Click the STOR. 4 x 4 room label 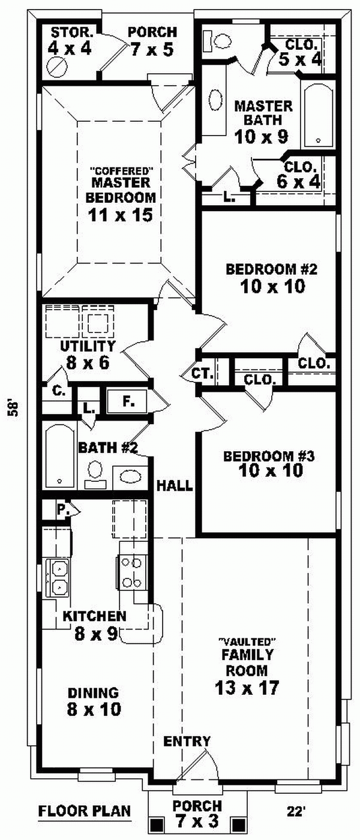pos(70,41)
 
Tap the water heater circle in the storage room pos(58,66)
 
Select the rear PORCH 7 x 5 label pos(152,41)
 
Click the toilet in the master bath pos(220,41)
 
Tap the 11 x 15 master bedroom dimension pos(121,214)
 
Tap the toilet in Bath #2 pos(95,472)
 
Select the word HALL pos(175,485)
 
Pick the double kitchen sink pos(59,577)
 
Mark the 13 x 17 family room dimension pos(247,688)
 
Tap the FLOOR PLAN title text pos(85,812)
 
